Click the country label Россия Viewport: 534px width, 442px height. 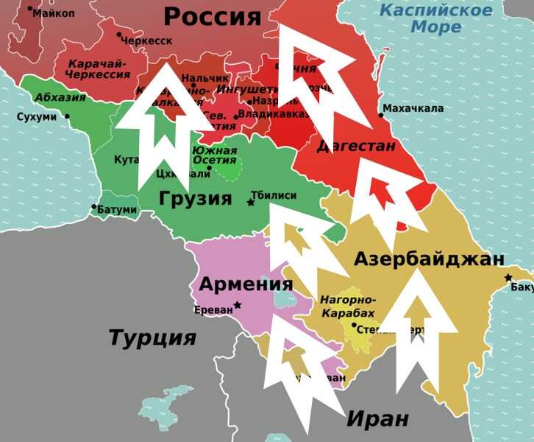212,16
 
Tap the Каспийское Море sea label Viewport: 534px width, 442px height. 436,19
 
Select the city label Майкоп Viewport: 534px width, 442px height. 54,13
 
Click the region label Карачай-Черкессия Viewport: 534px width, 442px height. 98,69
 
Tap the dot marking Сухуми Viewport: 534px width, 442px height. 67,116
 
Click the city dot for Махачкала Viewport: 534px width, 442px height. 382,114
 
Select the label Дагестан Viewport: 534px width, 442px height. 357,146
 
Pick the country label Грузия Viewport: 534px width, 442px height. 195,198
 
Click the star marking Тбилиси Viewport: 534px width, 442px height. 251,201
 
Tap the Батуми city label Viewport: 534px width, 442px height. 117,209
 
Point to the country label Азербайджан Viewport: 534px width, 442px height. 429,259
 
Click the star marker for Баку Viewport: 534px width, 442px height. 508,277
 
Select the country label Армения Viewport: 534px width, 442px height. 246,284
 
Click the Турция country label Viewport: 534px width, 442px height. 152,338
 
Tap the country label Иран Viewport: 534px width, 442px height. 377,419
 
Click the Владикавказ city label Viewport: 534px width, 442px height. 273,116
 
